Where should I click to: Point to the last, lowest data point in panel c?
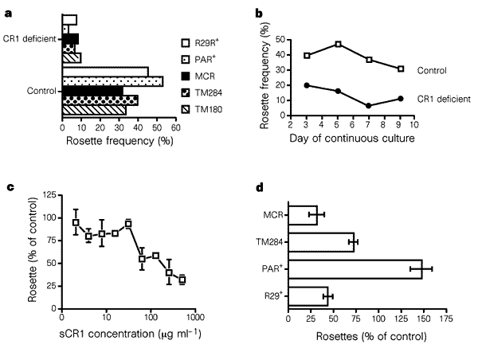(x=182, y=280)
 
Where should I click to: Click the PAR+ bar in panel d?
(x=355, y=268)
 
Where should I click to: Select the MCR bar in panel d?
(x=303, y=214)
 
